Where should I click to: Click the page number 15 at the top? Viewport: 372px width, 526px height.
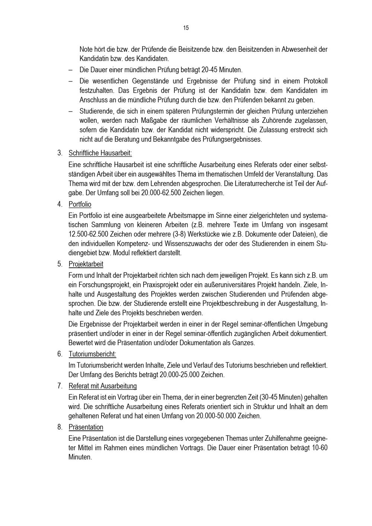186,28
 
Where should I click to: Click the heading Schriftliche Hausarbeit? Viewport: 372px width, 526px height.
100,153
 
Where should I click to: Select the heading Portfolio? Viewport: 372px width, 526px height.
80,205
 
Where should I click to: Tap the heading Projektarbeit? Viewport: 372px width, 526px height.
86,264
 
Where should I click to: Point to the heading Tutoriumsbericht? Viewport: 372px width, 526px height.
92,354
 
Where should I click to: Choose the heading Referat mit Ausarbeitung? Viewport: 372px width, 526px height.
103,386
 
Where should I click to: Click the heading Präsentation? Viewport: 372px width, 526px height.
86,427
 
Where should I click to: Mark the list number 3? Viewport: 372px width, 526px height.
60,153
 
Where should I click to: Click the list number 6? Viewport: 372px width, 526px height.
60,354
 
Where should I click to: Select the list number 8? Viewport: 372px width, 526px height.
60,427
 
